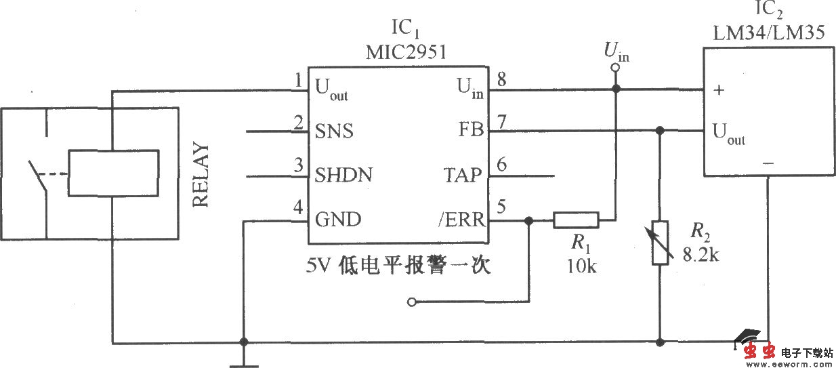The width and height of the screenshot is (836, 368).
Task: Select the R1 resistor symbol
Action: [576, 220]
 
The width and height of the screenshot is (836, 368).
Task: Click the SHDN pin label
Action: [343, 175]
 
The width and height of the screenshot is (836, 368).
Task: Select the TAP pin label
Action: [463, 175]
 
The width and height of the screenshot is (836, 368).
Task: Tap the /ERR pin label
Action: [461, 220]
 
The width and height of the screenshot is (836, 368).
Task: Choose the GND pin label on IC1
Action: [338, 220]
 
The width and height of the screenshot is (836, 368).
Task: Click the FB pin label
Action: [470, 130]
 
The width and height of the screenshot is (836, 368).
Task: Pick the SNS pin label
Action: [334, 130]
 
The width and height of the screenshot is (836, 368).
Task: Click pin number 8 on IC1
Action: [501, 79]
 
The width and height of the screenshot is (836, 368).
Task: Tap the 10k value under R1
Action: [581, 266]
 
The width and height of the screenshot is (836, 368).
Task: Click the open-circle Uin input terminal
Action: [615, 68]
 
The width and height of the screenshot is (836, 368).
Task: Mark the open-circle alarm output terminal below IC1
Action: [411, 302]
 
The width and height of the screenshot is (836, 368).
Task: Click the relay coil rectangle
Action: [114, 172]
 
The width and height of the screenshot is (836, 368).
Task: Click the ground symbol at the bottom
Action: [244, 363]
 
